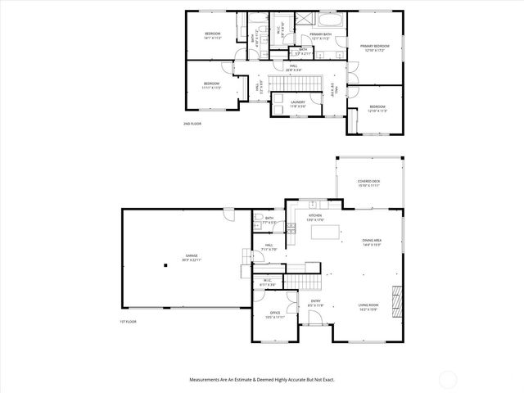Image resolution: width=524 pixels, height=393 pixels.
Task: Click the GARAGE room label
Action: pyautogui.click(x=191, y=257)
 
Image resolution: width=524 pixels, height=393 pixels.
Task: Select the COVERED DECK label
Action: pyautogui.click(x=368, y=183)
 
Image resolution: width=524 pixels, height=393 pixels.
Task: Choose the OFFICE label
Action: pyautogui.click(x=275, y=314)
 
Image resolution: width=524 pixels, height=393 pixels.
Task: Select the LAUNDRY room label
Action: pyautogui.click(x=298, y=104)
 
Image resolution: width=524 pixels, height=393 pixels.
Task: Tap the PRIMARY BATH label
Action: pyautogui.click(x=320, y=36)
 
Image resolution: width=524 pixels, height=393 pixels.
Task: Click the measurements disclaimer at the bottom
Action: pyautogui.click(x=262, y=380)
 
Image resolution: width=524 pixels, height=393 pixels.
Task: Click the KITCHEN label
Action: pyautogui.click(x=315, y=217)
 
